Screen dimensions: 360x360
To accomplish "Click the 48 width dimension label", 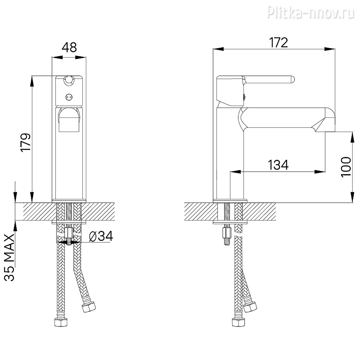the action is click(69, 48).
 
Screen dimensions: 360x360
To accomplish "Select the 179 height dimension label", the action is click(26, 142).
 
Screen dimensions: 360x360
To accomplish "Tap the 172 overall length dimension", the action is click(278, 43).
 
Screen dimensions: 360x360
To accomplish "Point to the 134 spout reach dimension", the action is click(278, 165).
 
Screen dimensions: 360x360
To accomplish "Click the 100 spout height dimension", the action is click(346, 167).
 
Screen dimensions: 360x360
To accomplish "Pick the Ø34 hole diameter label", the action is click(101, 236).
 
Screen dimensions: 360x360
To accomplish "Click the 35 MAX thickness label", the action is click(9, 257).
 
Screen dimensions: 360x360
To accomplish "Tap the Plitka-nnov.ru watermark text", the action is click(311, 12).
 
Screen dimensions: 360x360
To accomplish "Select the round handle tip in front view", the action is click(69, 80).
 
